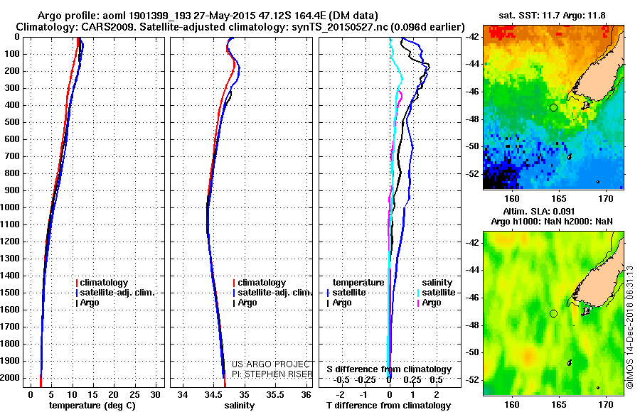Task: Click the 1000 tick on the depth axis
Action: pos(11,207)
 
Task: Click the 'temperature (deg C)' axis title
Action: pos(92,406)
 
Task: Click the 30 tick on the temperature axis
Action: pos(157,394)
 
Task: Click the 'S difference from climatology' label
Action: pos(389,369)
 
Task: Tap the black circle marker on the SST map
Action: pos(553,107)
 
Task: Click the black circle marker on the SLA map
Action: pos(553,313)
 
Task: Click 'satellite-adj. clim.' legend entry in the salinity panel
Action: pos(275,293)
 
